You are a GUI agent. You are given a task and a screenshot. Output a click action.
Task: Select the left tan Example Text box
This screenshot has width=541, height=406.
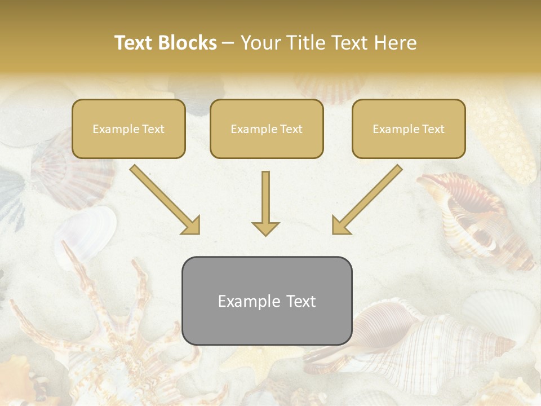(128, 129)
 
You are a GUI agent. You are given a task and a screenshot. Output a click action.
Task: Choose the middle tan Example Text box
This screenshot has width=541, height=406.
(267, 129)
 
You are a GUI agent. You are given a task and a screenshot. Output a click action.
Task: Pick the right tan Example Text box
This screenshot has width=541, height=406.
(409, 129)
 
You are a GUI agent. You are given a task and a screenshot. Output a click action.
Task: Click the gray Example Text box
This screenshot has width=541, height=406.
(267, 301)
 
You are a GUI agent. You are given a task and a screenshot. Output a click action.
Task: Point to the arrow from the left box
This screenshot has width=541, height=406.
(165, 200)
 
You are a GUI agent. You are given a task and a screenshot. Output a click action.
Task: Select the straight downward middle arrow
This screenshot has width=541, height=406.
(265, 203)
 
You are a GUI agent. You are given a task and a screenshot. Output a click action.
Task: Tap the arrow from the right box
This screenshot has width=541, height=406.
(367, 200)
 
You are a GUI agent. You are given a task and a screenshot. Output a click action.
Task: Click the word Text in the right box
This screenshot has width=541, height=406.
(433, 129)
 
